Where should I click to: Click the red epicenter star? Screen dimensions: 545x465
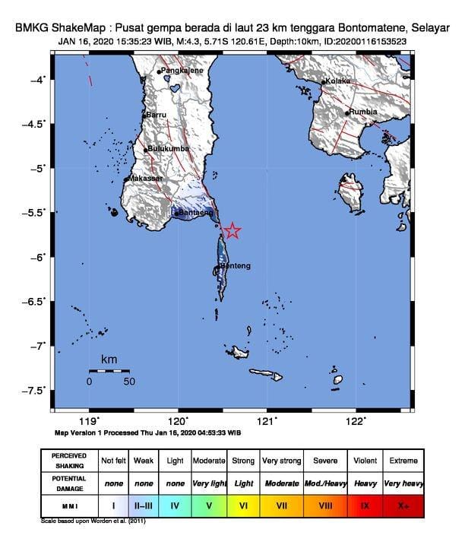(x=232, y=231)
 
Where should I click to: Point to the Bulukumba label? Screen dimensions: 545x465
(x=166, y=148)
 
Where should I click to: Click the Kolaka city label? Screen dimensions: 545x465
(x=337, y=81)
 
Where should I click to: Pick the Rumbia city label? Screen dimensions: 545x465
(x=363, y=112)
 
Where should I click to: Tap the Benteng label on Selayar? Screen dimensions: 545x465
(x=236, y=266)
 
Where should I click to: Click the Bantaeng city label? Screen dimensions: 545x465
(x=193, y=214)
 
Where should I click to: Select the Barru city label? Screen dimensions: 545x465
(x=156, y=115)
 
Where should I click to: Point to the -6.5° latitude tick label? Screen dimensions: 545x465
(x=36, y=302)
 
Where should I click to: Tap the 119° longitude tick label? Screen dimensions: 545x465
(x=90, y=421)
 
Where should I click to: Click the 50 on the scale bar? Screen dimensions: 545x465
(x=129, y=381)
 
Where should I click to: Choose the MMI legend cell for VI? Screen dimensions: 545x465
(x=243, y=505)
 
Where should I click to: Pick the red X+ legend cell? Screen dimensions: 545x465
(x=403, y=505)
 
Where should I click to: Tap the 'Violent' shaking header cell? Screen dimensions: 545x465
(x=364, y=461)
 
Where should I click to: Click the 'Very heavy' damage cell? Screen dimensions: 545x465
(x=403, y=483)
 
